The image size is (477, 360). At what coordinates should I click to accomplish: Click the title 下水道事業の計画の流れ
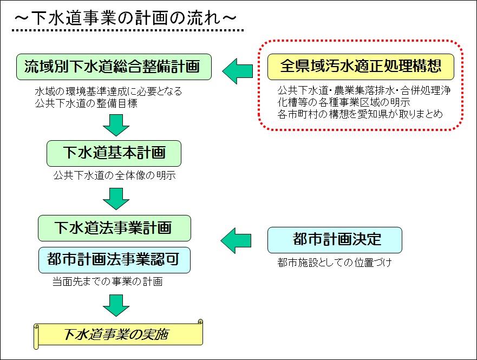pos(125,18)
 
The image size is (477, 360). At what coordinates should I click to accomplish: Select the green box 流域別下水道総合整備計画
pos(114,67)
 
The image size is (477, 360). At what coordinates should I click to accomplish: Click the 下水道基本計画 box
pos(114,153)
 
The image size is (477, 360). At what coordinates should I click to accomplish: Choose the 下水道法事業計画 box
pos(114,228)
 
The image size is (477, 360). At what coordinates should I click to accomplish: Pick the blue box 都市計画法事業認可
pos(114,260)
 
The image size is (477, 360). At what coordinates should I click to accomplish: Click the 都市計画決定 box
pos(335,240)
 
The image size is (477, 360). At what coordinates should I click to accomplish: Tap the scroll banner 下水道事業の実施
pos(118,334)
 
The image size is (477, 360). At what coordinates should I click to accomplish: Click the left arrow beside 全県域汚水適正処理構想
pos(238,71)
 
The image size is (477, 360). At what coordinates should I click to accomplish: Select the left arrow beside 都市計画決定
pos(236,240)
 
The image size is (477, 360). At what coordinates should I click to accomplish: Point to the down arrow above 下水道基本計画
pos(116,125)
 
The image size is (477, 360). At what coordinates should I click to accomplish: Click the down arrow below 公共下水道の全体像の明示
pos(116,199)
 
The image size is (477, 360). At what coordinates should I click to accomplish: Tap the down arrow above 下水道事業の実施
pos(116,305)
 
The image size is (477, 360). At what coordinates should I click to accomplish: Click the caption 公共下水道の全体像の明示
pos(114,175)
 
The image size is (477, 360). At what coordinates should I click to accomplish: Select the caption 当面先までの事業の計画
pos(107,282)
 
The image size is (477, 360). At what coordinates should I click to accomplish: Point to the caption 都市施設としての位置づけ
pos(334,263)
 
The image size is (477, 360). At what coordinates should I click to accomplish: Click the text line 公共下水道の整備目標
pos(86,103)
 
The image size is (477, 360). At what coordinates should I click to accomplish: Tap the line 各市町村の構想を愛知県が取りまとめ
pos(360,114)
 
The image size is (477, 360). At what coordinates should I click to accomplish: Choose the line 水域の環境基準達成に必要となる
pos(108,91)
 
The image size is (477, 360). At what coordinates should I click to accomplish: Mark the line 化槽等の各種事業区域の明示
pos(344,102)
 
